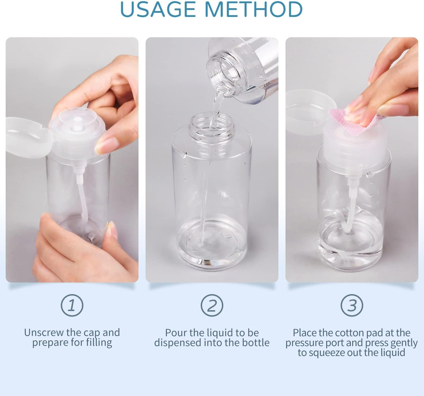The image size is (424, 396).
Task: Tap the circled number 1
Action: click(72, 305)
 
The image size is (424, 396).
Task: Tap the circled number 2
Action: click(212, 305)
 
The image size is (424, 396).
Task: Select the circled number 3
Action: click(352, 305)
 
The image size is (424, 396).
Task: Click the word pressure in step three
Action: click(304, 343)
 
